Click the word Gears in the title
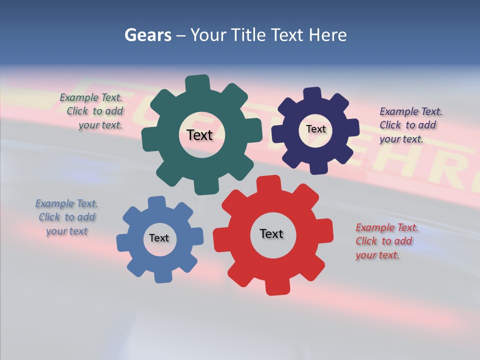click(147, 35)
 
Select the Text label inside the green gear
click(199, 135)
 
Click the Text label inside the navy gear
click(315, 129)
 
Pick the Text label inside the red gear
click(271, 233)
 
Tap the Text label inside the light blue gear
click(159, 238)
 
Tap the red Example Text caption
click(386, 241)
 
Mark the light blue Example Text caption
click(66, 217)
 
